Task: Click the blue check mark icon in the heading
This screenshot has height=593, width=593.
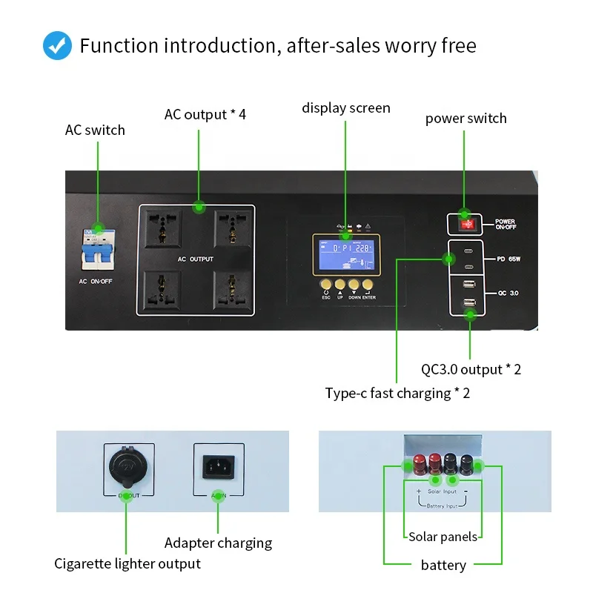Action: pos(57,45)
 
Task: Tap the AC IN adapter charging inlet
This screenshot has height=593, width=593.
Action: pos(218,467)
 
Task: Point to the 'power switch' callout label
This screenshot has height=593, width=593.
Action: pos(466,119)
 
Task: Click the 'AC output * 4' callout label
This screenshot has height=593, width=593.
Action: pos(205,115)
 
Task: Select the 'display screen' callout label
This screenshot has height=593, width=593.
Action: pos(345,108)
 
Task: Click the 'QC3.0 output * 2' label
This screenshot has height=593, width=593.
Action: pos(471,369)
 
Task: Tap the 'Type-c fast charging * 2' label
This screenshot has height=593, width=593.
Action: pos(397,393)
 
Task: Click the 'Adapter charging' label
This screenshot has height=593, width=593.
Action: pos(218,543)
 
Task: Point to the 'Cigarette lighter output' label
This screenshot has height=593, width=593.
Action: pos(127,564)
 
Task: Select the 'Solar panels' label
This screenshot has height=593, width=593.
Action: pos(443,537)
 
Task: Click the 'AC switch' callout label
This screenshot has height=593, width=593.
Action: pos(95,130)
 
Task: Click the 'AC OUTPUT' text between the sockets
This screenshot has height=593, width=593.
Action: pos(196,259)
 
